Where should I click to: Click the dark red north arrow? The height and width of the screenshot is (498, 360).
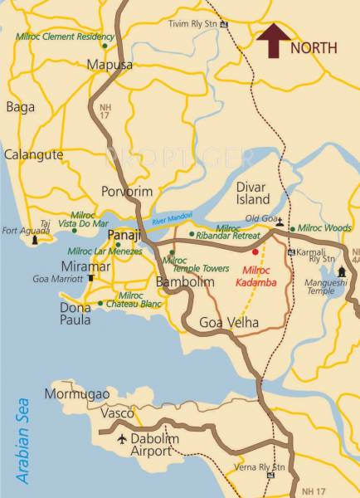pos(272,40)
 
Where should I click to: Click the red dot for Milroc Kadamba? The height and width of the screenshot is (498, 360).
pos(255,251)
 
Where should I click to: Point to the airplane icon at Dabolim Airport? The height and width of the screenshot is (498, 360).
pos(124,439)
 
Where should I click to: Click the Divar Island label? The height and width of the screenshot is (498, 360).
pos(253,193)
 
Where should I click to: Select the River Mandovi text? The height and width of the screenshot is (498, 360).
pos(171,218)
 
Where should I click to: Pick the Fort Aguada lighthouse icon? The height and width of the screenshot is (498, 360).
pos(35,240)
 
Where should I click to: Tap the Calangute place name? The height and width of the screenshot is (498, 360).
pos(33,154)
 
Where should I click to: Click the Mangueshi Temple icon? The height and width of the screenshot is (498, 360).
pos(341,271)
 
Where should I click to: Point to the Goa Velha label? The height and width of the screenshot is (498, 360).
pos(230,323)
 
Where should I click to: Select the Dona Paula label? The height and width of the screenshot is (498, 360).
pos(75,314)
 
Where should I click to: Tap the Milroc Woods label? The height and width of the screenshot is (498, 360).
pos(324,227)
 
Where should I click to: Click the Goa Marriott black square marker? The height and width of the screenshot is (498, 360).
pos(90,279)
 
